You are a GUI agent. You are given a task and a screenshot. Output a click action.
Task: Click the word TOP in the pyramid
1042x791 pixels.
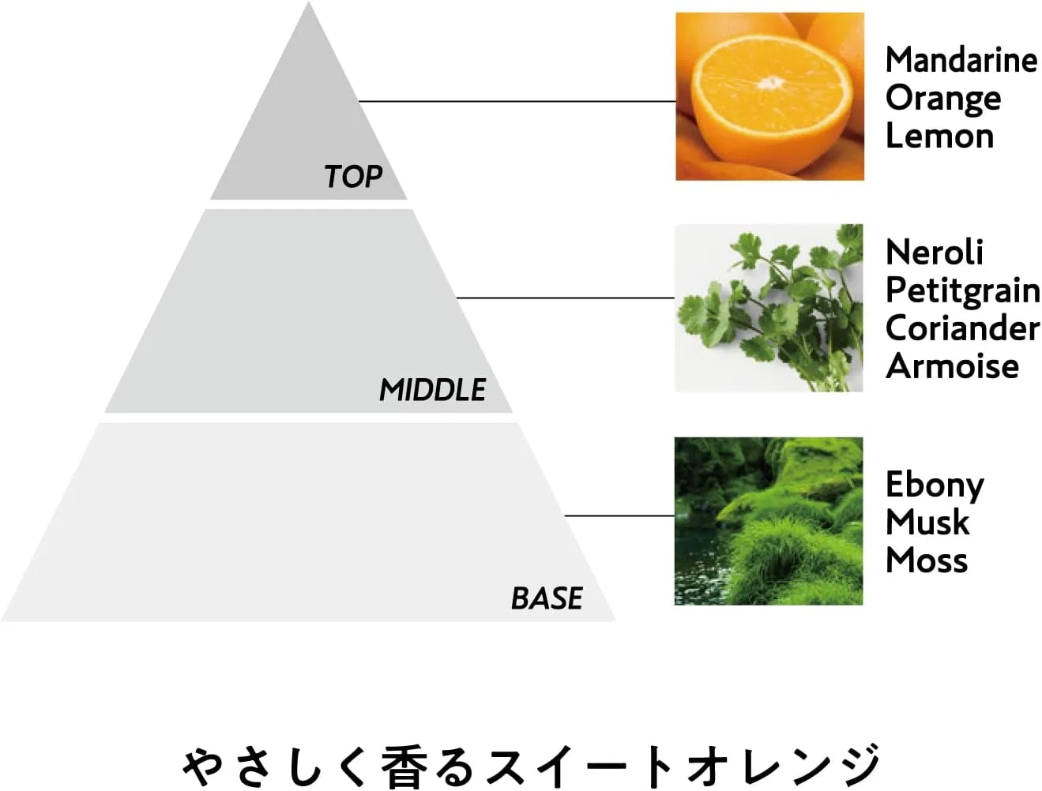(x=353, y=176)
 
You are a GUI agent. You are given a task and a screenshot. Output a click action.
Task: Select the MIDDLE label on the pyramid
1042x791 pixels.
(x=432, y=390)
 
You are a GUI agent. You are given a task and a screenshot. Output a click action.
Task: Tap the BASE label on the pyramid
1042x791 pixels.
(x=547, y=598)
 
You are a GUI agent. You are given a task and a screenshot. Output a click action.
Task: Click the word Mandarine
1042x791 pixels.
(x=961, y=60)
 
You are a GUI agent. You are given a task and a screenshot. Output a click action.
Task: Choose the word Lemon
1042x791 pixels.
(x=939, y=136)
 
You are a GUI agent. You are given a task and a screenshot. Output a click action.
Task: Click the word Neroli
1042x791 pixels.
(x=935, y=252)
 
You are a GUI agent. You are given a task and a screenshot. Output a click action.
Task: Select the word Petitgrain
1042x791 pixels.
(x=963, y=291)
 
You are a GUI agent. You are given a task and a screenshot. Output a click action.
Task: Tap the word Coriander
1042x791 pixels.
(x=963, y=328)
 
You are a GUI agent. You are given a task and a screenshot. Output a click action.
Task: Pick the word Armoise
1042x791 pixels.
(x=952, y=366)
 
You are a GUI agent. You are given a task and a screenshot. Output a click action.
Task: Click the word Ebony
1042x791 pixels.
(x=935, y=486)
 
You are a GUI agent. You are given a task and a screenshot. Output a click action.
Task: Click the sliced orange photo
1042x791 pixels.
(x=769, y=96)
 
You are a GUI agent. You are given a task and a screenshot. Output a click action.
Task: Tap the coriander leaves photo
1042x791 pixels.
(x=769, y=308)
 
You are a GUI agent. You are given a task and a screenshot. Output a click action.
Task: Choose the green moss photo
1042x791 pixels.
(x=769, y=521)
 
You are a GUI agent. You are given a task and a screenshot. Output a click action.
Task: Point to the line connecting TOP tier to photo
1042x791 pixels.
(x=517, y=101)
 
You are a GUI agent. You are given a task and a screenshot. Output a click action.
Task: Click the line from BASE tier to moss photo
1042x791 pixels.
(x=619, y=515)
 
